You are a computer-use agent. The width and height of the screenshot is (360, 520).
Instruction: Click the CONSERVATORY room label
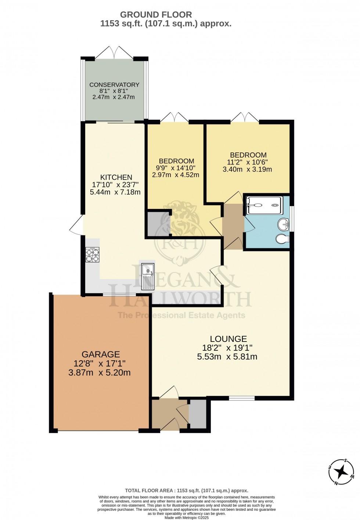(114, 84)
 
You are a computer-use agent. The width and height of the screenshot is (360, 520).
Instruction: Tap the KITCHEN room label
(116, 177)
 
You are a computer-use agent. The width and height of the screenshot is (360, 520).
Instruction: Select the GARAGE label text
(101, 354)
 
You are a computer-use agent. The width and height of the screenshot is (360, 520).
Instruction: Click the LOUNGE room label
(228, 339)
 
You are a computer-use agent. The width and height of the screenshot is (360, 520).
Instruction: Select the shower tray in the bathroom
(264, 205)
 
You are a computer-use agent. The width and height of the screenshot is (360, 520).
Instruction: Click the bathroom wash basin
(284, 223)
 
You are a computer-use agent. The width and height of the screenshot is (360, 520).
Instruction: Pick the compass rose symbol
(341, 472)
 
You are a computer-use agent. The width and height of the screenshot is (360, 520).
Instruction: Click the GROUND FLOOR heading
(156, 15)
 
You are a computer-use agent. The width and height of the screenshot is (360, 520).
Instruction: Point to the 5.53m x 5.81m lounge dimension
(227, 357)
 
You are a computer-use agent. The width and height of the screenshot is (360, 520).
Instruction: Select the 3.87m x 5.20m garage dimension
(99, 372)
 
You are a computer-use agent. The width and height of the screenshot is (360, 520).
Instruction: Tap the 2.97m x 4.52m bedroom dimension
(176, 175)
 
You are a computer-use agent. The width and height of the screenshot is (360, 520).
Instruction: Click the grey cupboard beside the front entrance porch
(198, 414)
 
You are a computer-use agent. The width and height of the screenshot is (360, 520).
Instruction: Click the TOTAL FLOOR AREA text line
(186, 490)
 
